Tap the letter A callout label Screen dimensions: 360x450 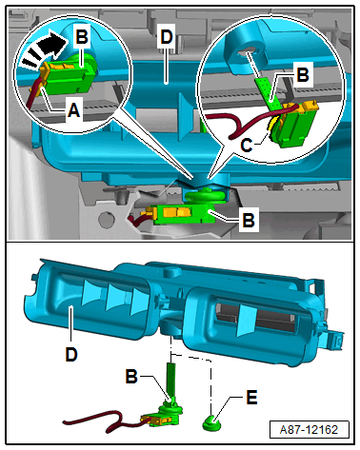pos(73,110)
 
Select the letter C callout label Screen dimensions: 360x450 pos(247,145)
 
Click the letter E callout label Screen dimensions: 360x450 pos(251,397)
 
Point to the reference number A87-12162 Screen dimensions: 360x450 pos(309,430)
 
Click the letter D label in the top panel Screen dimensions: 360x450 pos(167,37)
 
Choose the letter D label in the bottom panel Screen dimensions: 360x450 pos(71,354)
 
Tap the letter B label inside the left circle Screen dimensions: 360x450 pos(82,36)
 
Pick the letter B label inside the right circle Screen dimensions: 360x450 pos(302,75)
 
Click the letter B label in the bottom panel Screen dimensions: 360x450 pos(131,376)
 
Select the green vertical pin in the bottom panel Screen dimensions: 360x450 pos(171,381)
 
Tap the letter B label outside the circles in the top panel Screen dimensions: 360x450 pos(249,220)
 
